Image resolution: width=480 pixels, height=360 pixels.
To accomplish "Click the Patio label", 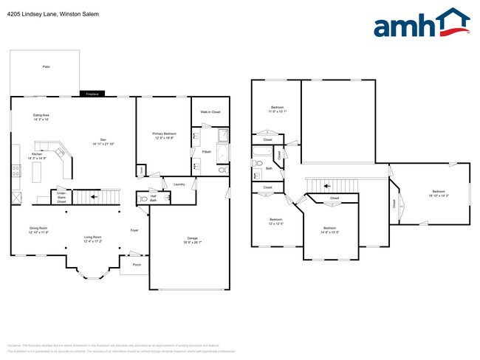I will click(x=46, y=67).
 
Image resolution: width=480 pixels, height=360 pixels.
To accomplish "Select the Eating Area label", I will click(x=41, y=117).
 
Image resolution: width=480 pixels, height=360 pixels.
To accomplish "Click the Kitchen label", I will click(x=37, y=156).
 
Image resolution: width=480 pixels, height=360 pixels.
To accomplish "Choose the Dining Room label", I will click(x=38, y=230).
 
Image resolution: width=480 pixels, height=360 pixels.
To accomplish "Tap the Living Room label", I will click(x=92, y=239).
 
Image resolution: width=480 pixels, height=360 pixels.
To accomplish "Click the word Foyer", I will click(x=134, y=230).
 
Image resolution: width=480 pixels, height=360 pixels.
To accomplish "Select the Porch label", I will click(x=136, y=264).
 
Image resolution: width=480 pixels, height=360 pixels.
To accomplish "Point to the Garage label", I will click(x=192, y=240).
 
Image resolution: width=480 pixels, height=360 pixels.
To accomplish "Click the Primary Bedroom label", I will click(x=164, y=135).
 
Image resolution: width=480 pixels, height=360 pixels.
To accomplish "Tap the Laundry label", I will click(x=179, y=184).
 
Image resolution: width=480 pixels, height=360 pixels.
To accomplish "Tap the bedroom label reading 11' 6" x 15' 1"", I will click(x=275, y=111).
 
